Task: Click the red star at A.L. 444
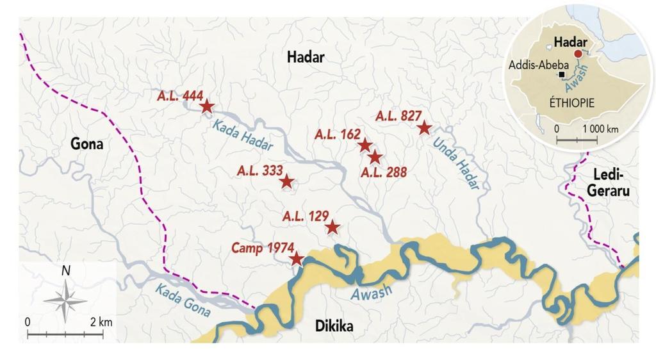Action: click(206, 106)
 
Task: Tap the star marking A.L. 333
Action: click(286, 182)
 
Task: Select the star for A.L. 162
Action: click(365, 145)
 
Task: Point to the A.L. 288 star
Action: click(375, 157)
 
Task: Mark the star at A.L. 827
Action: click(423, 128)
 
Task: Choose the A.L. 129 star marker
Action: click(332, 227)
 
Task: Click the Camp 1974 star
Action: click(296, 259)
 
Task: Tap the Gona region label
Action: click(86, 144)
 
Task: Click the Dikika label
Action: click(334, 327)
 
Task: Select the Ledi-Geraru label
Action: click(612, 183)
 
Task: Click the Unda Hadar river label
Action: click(456, 163)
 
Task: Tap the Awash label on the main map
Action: click(372, 294)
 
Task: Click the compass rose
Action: click(66, 300)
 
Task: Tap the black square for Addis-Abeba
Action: click(562, 75)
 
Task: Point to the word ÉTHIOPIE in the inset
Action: click(572, 102)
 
